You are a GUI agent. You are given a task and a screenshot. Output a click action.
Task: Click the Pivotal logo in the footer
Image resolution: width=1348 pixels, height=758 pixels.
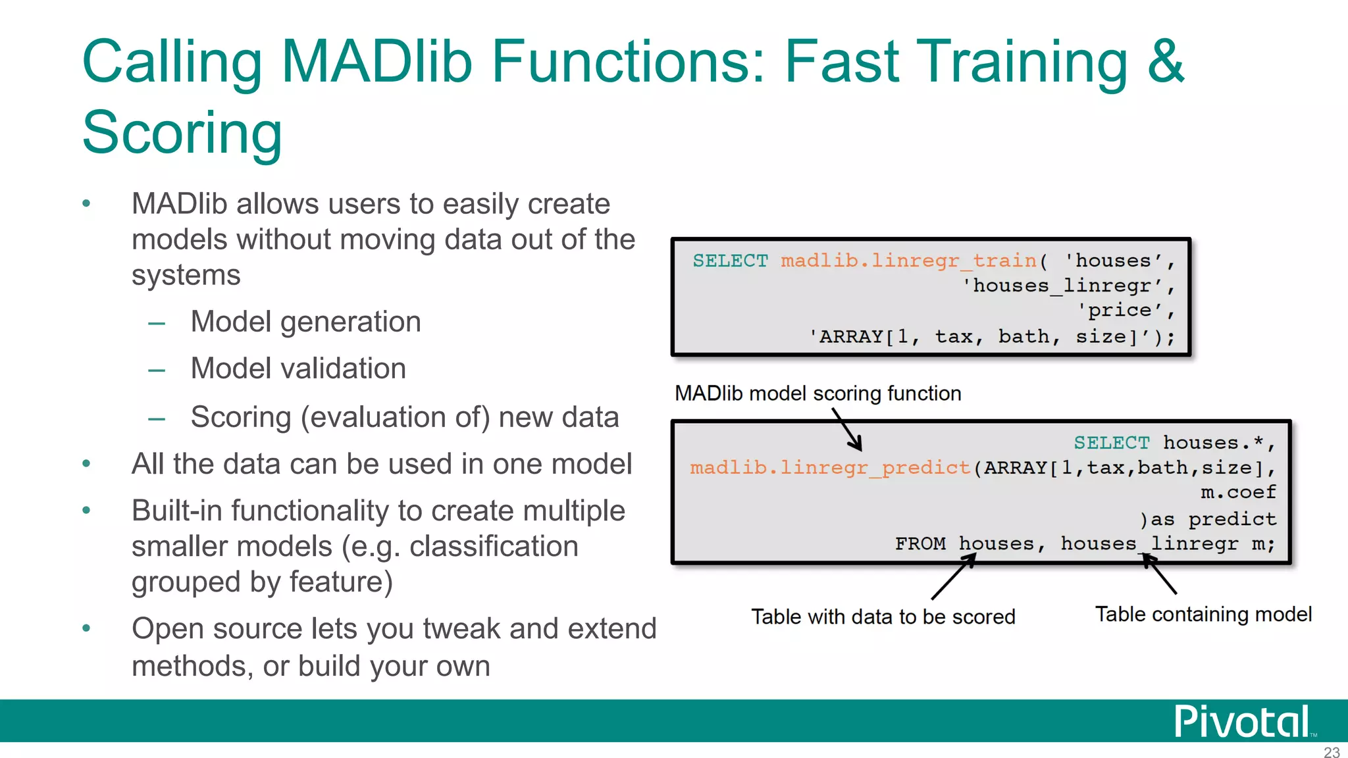pos(1242,722)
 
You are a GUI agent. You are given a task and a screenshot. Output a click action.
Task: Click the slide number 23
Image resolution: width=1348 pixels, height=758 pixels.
pos(1332,752)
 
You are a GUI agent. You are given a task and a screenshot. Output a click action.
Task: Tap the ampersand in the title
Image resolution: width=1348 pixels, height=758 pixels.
pos(1165,61)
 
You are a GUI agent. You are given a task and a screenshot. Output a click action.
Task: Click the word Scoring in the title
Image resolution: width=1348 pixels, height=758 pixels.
pos(182,132)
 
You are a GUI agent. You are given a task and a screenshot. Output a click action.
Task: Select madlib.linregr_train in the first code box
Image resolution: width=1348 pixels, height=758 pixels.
pos(908,261)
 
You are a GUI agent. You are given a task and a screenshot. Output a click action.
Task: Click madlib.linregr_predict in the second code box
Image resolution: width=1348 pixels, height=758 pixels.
pos(829,468)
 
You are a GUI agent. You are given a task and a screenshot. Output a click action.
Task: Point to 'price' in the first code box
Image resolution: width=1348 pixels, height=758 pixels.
pos(1120,310)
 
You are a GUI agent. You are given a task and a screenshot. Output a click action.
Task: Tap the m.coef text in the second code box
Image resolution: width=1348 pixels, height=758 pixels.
pos(1238,492)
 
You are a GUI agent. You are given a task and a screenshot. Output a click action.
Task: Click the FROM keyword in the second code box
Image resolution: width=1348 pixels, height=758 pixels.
pos(920,543)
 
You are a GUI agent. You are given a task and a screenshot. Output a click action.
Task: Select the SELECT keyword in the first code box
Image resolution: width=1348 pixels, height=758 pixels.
pos(730,261)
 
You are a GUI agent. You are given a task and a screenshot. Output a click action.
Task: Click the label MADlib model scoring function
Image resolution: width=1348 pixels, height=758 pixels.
pos(817,393)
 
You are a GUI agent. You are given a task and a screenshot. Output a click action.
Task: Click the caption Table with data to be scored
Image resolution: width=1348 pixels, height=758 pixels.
pos(883,617)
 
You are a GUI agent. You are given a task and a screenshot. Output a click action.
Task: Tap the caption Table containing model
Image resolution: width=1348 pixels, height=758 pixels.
pos(1203,614)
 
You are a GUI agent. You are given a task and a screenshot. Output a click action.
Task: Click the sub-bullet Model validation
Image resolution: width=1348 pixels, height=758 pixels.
pos(298,368)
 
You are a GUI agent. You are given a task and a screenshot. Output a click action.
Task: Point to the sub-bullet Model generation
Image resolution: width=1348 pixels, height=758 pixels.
pos(305,322)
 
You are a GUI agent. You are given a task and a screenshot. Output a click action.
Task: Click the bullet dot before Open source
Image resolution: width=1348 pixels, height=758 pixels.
pos(86,628)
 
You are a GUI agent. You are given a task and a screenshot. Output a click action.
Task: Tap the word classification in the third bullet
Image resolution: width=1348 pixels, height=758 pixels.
pos(494,546)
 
